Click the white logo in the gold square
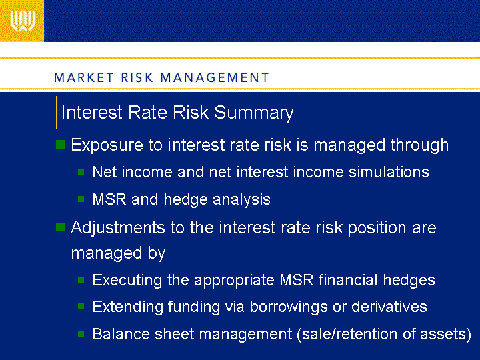click(x=23, y=21)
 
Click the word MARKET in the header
click(x=84, y=77)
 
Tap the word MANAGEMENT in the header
click(x=215, y=77)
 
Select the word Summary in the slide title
click(x=254, y=113)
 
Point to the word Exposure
click(x=107, y=145)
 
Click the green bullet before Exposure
click(x=61, y=144)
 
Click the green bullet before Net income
click(x=81, y=172)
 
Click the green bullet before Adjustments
click(x=61, y=227)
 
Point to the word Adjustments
click(x=118, y=228)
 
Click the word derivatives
click(x=389, y=307)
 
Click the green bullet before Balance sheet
click(x=81, y=333)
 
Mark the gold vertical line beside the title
click(x=56, y=113)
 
